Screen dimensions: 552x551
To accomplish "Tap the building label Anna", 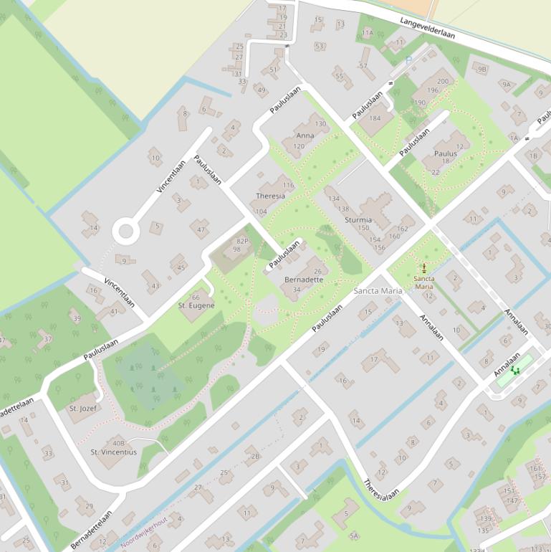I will coord(305,135).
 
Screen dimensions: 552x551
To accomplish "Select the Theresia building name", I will coord(270,196).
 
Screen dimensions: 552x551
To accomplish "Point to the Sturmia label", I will coord(358,220).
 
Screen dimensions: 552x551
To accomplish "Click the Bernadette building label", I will coord(304,280).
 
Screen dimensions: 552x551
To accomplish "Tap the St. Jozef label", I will coord(83,408).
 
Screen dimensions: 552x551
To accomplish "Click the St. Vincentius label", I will coord(113,452).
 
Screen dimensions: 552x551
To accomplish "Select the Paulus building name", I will coord(446,153).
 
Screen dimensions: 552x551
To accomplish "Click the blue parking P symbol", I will coord(408,62).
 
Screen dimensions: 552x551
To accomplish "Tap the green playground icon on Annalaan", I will coord(514,371).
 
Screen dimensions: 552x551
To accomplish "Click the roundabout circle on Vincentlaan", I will coord(126,231).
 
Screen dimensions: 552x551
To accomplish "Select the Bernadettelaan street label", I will coord(92,529).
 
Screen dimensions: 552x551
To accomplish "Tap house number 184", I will coord(375,119).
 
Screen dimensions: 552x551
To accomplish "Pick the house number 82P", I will coord(242,242).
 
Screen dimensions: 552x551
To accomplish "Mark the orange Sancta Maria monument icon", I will coord(423,267).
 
